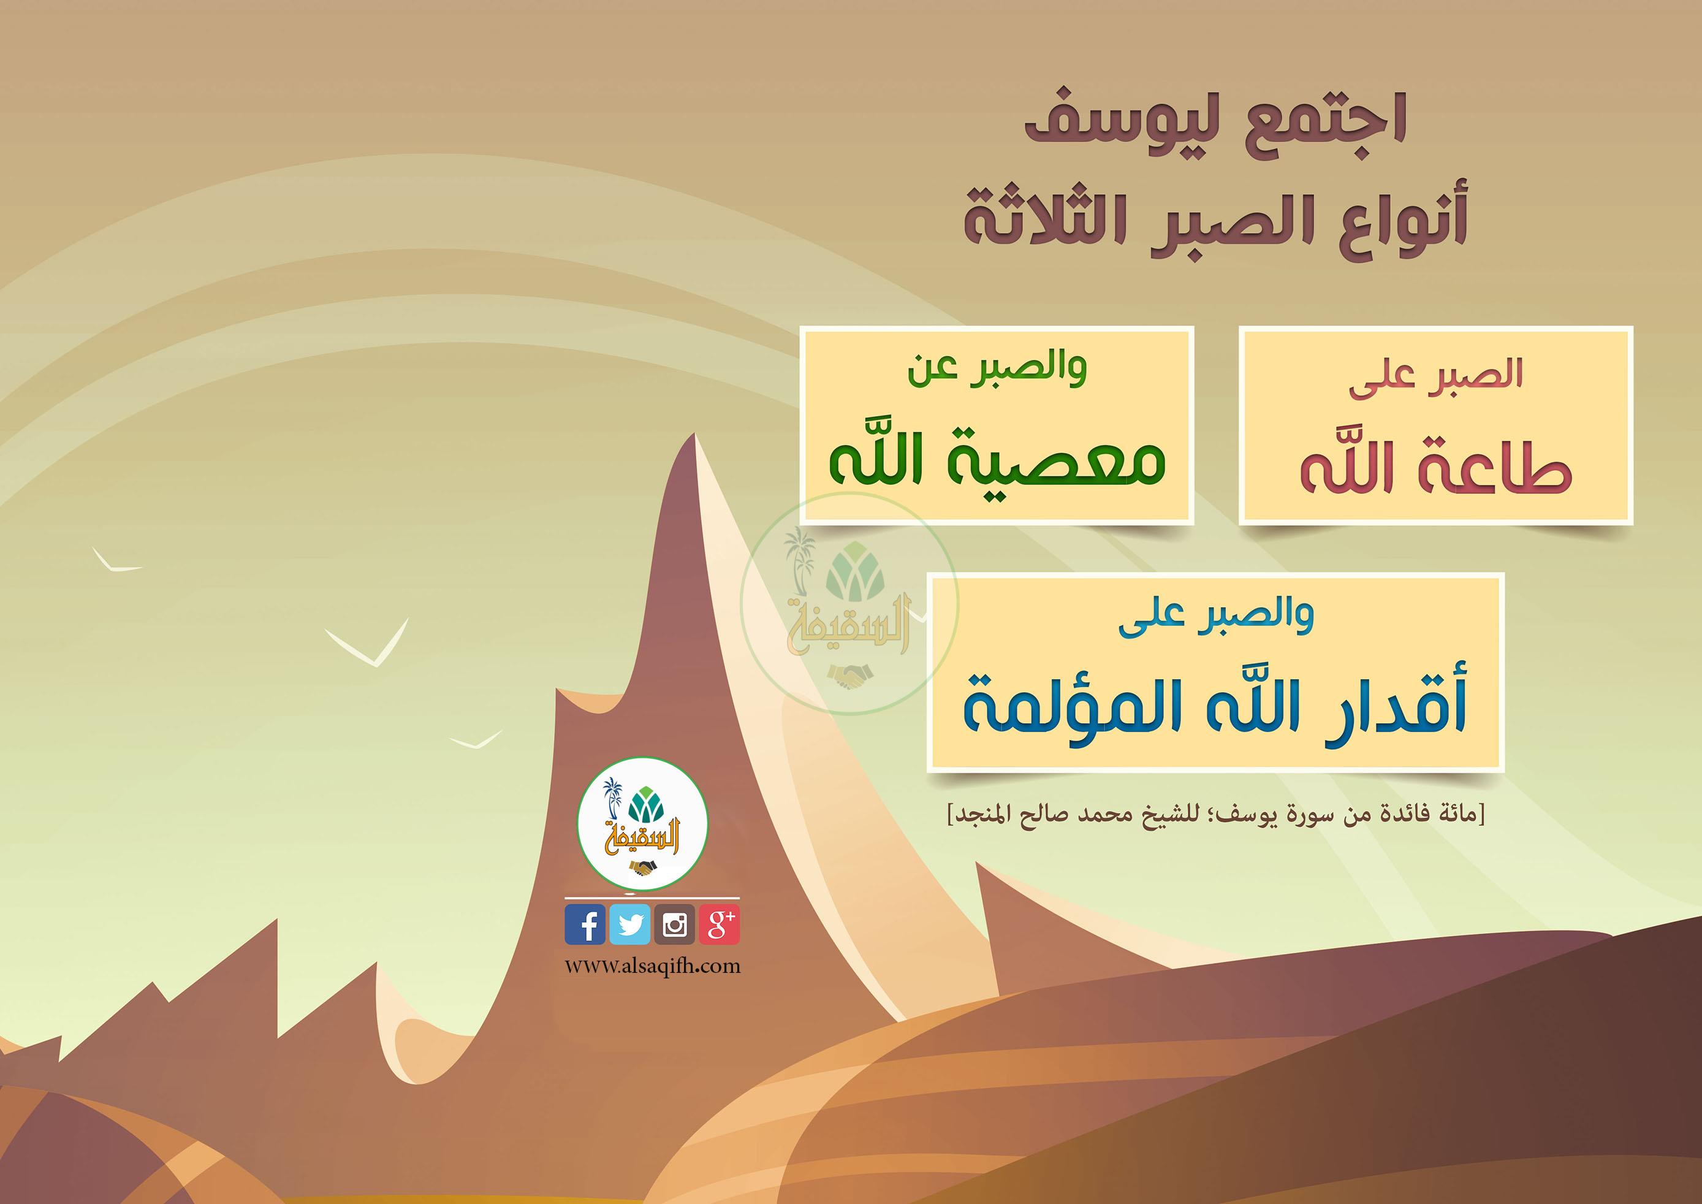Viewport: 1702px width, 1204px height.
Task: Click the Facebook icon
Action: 585,924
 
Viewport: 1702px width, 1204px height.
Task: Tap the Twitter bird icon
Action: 629,924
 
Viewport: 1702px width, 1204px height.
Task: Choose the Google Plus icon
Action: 719,924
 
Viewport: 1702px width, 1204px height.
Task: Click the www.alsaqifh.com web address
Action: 652,966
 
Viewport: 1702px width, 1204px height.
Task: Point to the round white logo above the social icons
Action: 643,824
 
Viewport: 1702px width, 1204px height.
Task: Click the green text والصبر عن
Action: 997,368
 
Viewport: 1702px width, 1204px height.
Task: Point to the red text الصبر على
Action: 1435,375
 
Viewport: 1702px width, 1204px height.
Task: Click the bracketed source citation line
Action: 1217,815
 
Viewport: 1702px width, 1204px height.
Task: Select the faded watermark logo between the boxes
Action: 849,604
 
